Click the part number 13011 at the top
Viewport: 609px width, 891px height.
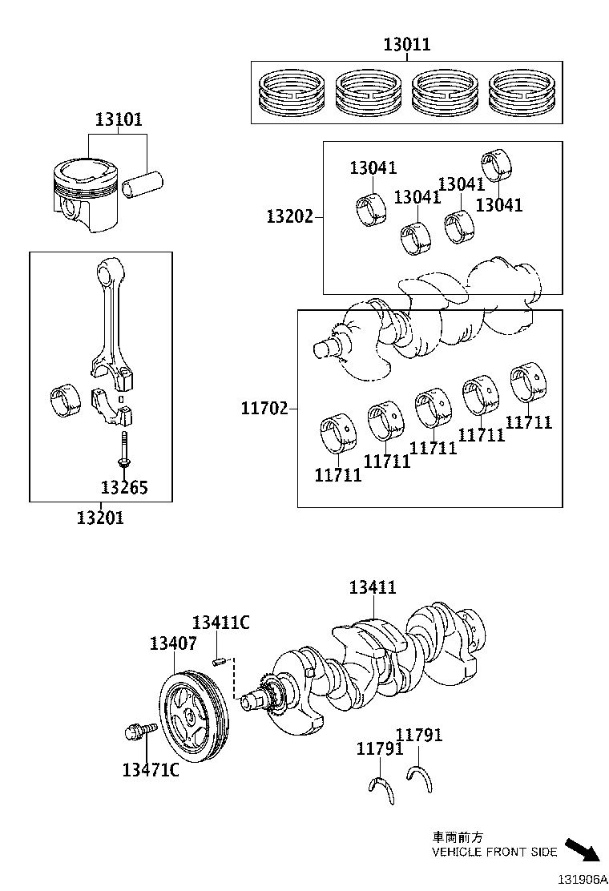click(x=406, y=45)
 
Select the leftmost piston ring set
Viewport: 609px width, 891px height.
click(x=290, y=93)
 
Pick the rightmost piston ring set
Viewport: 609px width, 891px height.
click(x=522, y=93)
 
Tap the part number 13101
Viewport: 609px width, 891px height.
click(x=119, y=120)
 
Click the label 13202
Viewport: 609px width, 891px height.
click(x=289, y=216)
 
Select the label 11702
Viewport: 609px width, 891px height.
click(x=264, y=409)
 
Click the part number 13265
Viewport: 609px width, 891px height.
click(x=124, y=486)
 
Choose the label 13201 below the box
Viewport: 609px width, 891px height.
click(x=100, y=518)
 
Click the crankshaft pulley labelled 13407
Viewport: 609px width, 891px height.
click(x=194, y=709)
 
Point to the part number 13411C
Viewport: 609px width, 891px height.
click(x=220, y=623)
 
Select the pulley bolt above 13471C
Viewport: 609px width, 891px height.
click(x=138, y=731)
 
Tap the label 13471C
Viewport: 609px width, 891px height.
click(x=150, y=770)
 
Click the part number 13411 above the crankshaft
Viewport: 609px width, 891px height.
click(x=373, y=587)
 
